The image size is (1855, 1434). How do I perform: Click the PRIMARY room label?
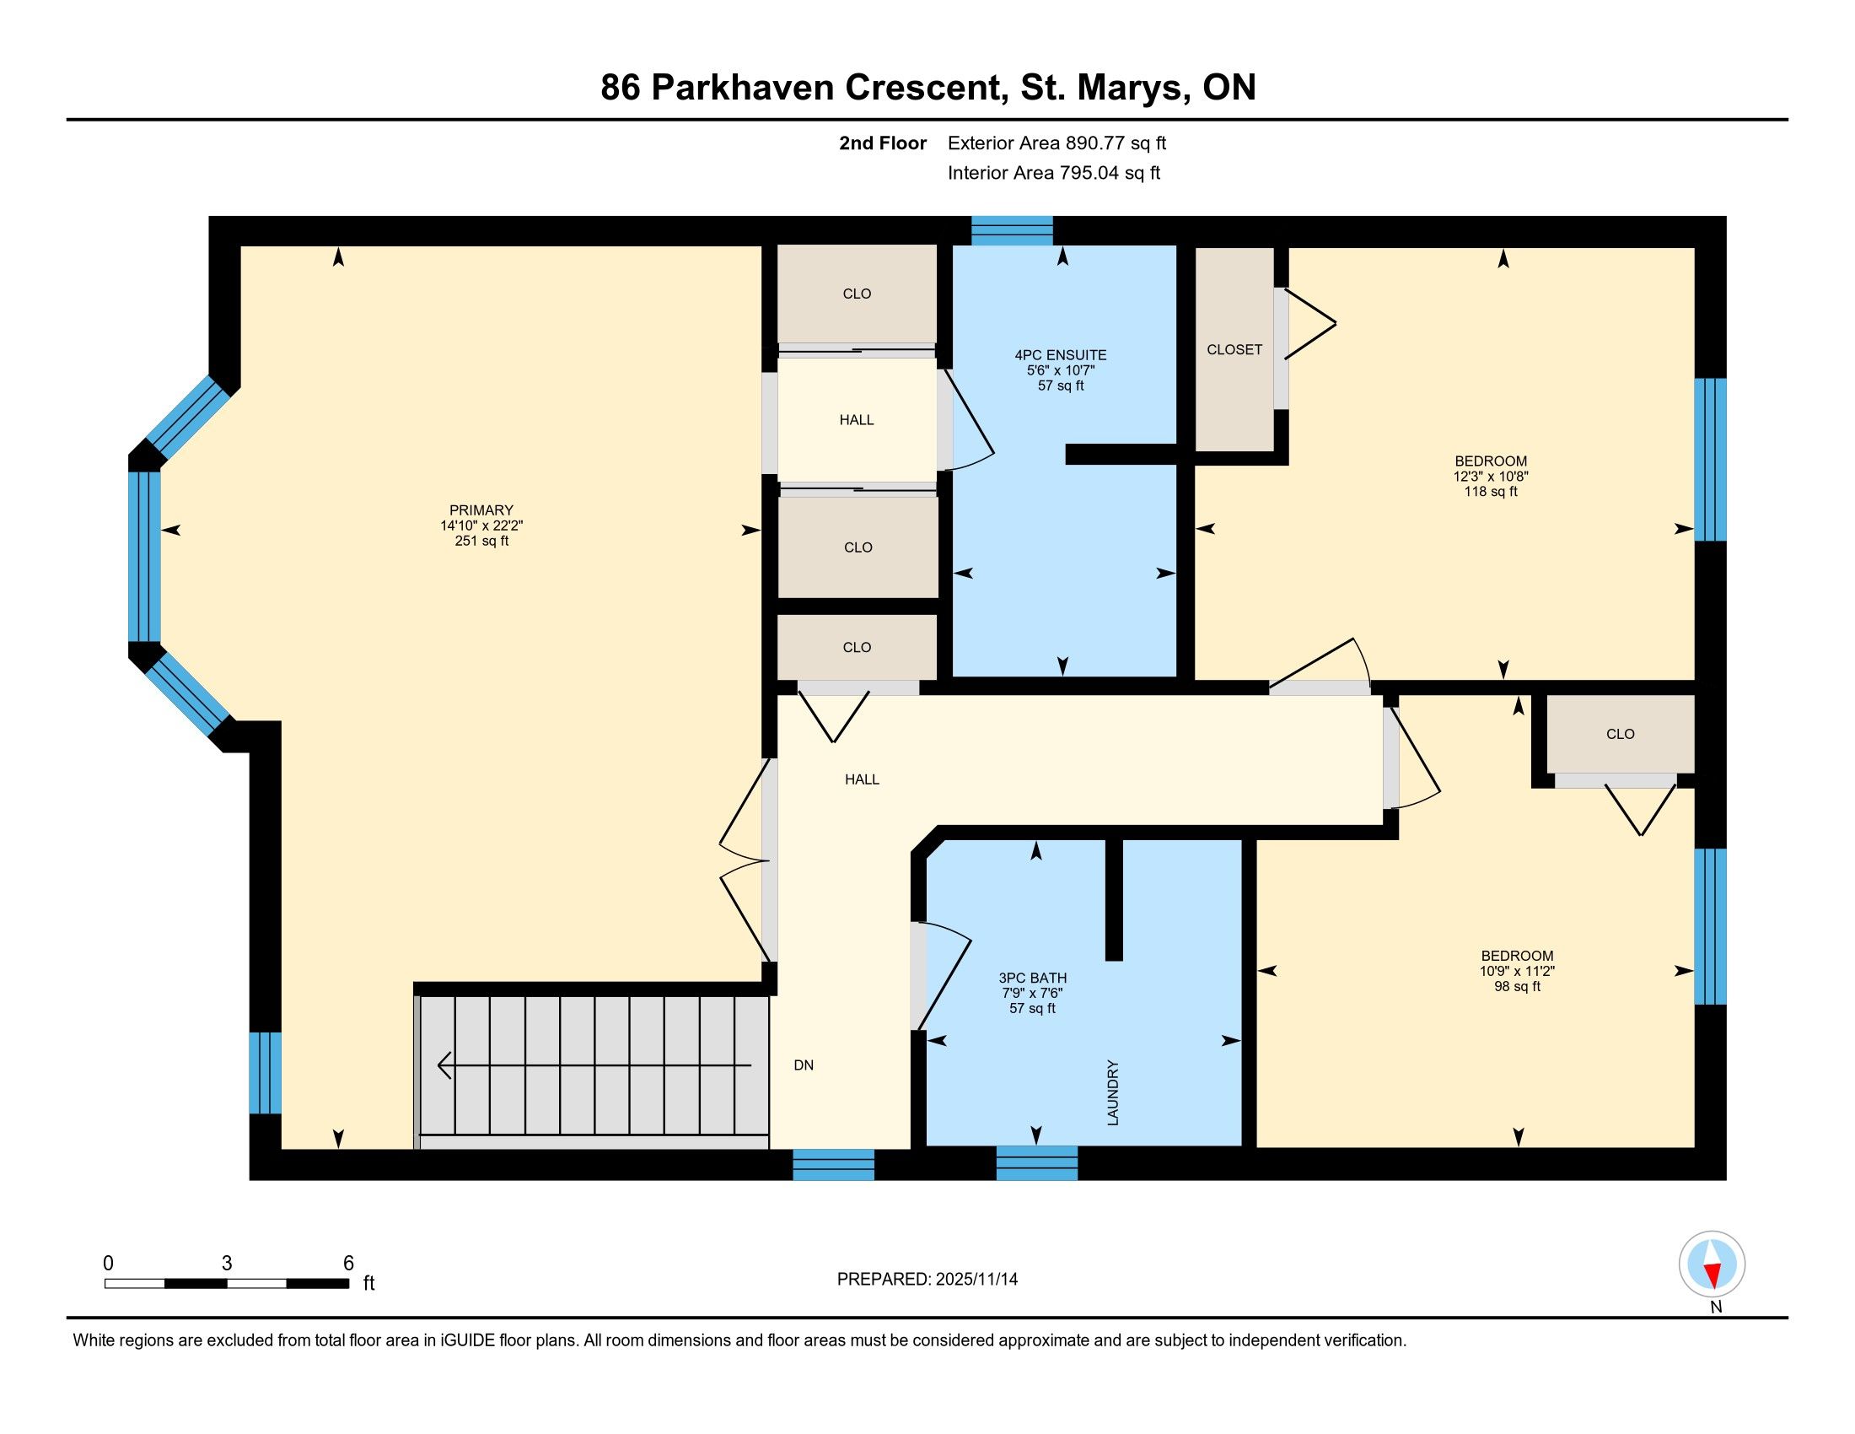pos(481,510)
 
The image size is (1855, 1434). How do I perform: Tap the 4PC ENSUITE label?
pos(1061,355)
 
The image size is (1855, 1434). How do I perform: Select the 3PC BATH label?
pos(1033,978)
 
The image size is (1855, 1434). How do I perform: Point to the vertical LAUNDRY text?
pos(1114,1092)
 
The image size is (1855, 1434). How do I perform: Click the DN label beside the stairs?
pos(804,1065)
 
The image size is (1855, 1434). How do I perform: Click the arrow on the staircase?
pos(594,1065)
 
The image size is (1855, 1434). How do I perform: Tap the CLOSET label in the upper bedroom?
pos(1234,350)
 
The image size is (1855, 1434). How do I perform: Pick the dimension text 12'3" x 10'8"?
pos(1491,477)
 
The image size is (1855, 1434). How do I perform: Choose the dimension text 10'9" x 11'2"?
pos(1517,971)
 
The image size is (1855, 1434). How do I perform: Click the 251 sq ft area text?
pos(481,541)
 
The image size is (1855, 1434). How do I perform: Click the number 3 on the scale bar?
pos(227,1264)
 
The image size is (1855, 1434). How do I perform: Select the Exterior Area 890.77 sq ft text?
pos(1057,143)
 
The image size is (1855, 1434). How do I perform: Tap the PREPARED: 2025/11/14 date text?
pos(927,1280)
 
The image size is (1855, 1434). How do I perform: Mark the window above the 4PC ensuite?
pos(1012,230)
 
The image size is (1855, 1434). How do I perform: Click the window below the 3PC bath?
pos(1036,1163)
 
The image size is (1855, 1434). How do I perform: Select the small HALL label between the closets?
pos(856,420)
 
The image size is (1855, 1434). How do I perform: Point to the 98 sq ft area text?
pos(1517,986)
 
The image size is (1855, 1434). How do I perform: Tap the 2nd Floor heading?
pos(883,143)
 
